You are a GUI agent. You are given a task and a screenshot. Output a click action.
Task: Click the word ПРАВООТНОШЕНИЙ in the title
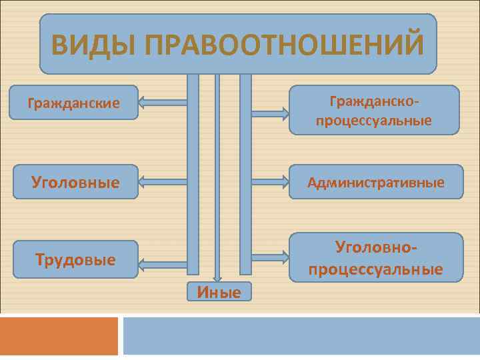click(x=283, y=45)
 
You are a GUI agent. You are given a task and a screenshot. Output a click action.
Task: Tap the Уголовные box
click(x=75, y=182)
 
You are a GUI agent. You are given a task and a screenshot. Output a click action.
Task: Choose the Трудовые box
click(x=75, y=259)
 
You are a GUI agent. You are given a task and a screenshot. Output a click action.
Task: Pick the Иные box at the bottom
click(x=219, y=291)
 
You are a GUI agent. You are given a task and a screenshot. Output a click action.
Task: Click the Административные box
click(x=375, y=182)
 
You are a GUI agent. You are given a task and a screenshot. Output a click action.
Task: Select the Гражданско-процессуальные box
click(x=374, y=111)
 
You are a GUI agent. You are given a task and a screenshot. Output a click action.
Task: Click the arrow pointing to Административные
click(x=270, y=181)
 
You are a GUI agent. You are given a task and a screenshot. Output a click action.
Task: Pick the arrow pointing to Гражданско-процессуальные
click(x=270, y=115)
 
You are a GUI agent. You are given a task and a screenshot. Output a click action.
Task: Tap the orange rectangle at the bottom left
click(x=59, y=336)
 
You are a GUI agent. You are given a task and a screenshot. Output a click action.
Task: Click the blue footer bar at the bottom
click(x=301, y=336)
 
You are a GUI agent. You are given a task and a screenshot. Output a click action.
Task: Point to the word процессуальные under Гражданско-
click(x=374, y=121)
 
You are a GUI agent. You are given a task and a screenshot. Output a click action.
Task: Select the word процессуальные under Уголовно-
click(x=375, y=269)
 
